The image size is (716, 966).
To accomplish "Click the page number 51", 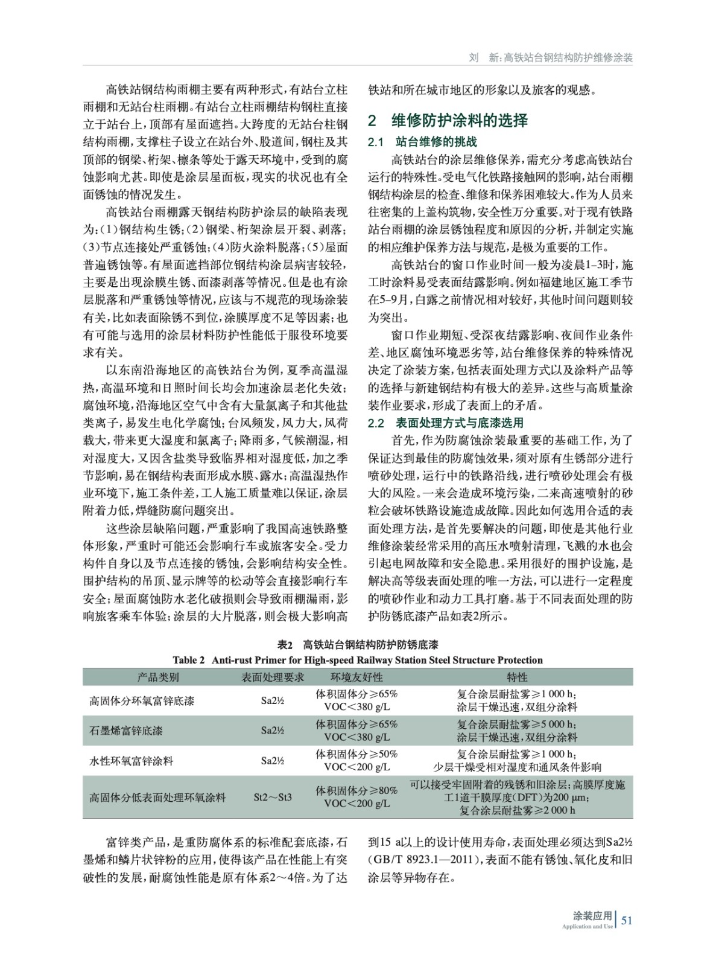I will (x=626, y=920).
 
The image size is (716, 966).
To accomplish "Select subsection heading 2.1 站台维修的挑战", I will (x=422, y=142).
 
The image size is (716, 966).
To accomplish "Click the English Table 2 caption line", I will (x=358, y=660).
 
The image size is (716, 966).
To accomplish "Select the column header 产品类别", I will (x=158, y=677).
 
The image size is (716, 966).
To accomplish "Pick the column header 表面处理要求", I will (x=273, y=677).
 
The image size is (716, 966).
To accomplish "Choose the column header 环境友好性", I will (x=356, y=677).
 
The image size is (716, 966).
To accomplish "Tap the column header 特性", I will (x=517, y=677).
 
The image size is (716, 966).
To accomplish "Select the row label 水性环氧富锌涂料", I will (x=131, y=761).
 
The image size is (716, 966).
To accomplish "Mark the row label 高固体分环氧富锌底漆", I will (x=142, y=701).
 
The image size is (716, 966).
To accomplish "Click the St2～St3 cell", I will (x=273, y=798).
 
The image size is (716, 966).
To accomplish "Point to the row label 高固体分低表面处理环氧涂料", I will (x=157, y=798).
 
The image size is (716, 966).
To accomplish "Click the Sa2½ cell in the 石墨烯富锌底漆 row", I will (x=273, y=731).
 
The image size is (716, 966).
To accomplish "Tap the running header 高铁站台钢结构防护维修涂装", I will (x=568, y=58).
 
